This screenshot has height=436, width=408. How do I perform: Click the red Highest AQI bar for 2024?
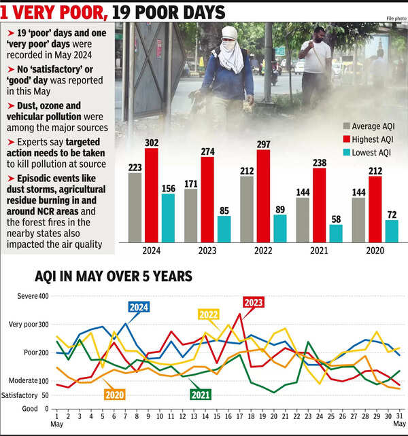tap(151, 194)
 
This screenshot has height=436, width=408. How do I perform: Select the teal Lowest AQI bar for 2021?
tap(336, 233)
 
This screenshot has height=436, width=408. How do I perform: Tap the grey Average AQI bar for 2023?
tap(190, 215)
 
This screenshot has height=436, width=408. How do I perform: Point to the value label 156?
tap(168, 188)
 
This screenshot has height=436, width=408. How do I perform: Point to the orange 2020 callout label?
tap(115, 393)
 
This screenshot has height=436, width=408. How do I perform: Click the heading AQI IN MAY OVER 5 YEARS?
tap(114, 276)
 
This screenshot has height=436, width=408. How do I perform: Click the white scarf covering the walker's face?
tap(231, 57)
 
